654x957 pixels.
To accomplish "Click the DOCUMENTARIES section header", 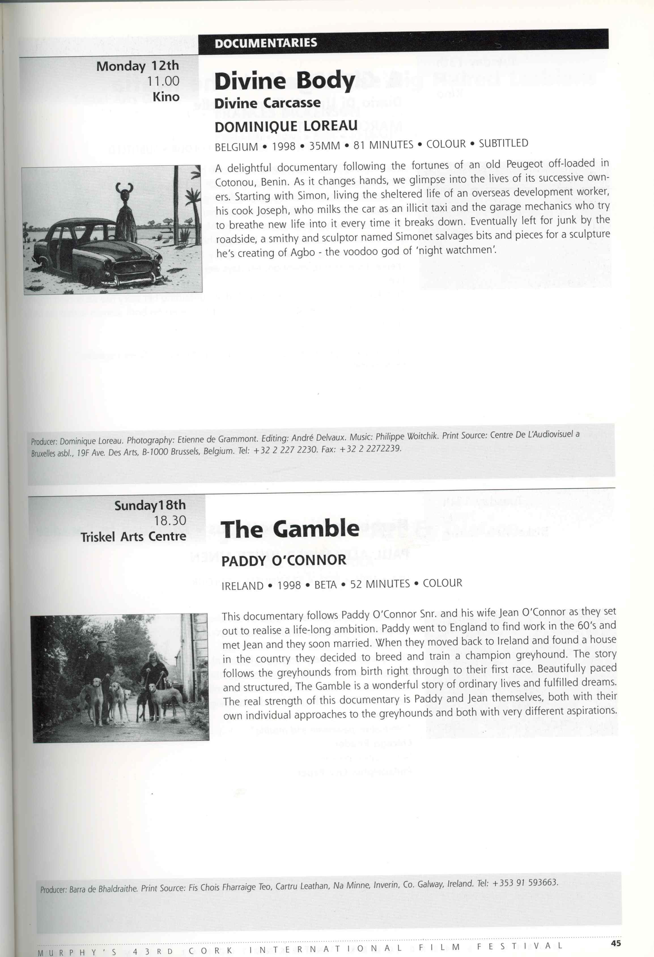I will [x=266, y=43].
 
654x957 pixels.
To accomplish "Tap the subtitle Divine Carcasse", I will [x=267, y=103].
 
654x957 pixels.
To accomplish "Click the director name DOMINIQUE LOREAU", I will [x=286, y=126].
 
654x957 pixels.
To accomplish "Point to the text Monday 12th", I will [x=137, y=66].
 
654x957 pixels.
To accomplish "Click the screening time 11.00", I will [x=163, y=81].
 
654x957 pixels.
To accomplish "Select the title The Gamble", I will [x=290, y=529].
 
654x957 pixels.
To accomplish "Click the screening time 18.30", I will [x=170, y=521].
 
